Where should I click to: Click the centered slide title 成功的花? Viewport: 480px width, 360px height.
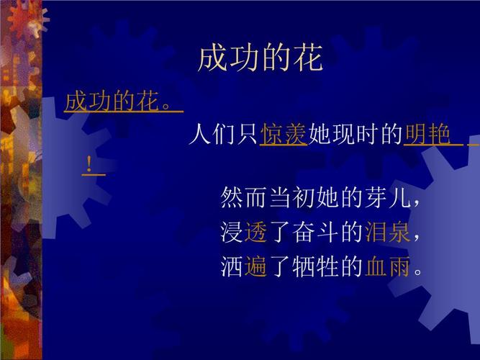[261, 60]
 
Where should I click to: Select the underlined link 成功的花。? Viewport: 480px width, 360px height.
[123, 102]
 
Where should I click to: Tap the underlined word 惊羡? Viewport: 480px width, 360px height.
[284, 135]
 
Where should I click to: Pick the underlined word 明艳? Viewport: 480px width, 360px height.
[427, 135]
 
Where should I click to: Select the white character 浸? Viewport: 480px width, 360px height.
[232, 233]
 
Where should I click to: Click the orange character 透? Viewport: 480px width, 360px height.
[255, 233]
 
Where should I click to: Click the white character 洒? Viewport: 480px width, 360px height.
[232, 268]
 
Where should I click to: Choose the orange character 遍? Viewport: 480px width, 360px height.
[255, 268]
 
